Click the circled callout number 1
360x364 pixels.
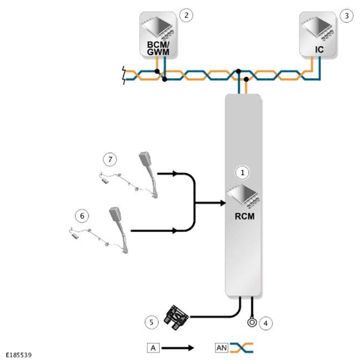(243, 173)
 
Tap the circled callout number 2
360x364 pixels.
(186, 15)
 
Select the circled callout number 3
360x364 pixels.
(347, 16)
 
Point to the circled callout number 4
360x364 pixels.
(266, 323)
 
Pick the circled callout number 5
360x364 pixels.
(151, 322)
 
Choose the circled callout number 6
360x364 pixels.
(82, 216)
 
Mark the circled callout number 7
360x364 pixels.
(110, 160)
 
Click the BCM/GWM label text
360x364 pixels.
(158, 48)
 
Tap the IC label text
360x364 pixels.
(319, 49)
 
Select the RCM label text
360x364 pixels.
(244, 217)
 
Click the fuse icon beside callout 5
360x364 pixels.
(176, 317)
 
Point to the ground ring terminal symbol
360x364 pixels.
(252, 322)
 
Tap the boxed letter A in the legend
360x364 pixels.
(153, 348)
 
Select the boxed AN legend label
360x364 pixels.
(221, 348)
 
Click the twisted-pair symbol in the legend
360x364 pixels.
(241, 348)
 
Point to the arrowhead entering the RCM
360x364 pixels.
(223, 203)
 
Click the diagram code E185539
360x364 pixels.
(19, 355)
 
